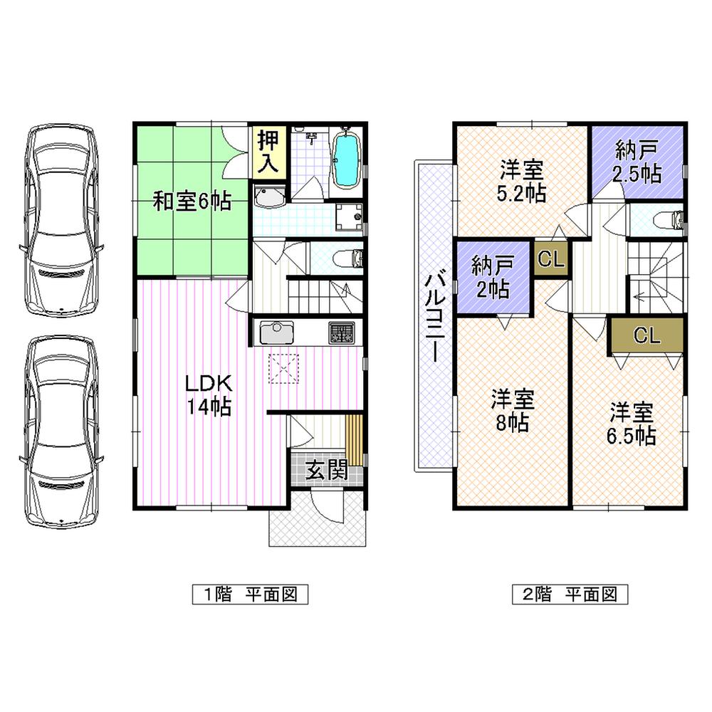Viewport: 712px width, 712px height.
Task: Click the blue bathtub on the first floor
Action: click(x=347, y=162)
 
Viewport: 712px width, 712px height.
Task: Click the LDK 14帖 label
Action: click(x=209, y=394)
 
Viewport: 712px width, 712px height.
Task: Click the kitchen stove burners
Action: click(x=342, y=333)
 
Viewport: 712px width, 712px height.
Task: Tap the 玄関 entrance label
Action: click(x=327, y=471)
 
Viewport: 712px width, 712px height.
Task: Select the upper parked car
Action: click(x=60, y=219)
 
